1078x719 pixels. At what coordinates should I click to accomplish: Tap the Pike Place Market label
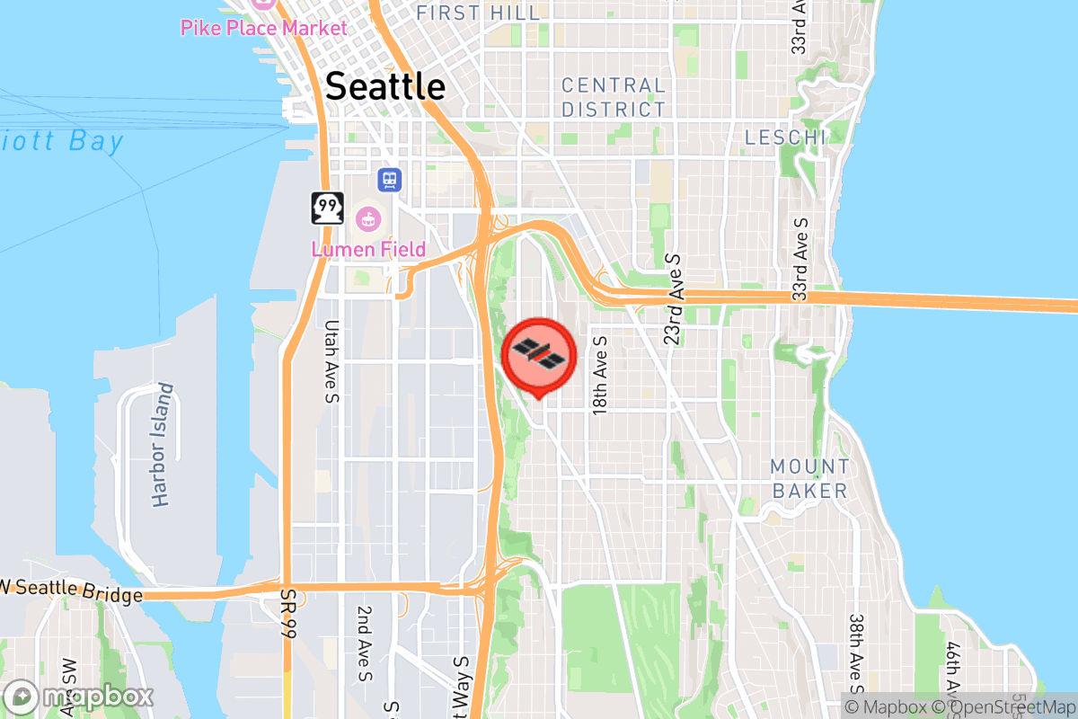(x=263, y=28)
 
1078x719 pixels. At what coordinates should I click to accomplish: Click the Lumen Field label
(x=368, y=248)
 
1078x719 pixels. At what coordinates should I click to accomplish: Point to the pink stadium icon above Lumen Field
(x=367, y=218)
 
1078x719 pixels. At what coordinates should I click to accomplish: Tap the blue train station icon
(x=390, y=180)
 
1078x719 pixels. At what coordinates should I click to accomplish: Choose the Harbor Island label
(x=162, y=445)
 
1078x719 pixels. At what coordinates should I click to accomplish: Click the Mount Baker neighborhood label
(x=808, y=478)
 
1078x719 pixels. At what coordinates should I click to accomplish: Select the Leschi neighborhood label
(x=785, y=138)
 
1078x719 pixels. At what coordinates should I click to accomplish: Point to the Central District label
(x=614, y=97)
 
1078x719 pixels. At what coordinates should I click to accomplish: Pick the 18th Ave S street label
(x=600, y=375)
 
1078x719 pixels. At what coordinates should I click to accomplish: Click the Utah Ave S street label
(x=331, y=361)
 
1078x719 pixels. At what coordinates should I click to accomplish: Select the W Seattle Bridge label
(x=72, y=590)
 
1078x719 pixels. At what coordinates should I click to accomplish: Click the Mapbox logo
(x=78, y=697)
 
